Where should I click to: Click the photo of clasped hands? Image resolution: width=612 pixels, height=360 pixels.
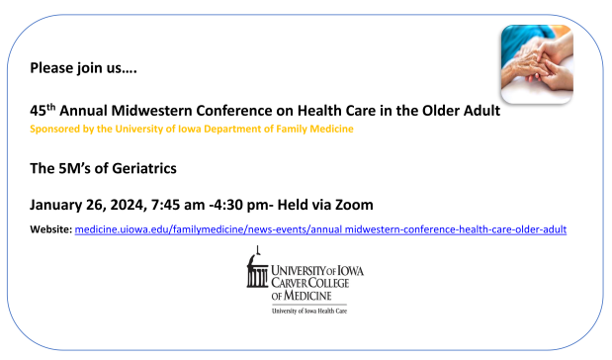(537, 64)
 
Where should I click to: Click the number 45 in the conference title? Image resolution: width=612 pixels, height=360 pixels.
(38, 111)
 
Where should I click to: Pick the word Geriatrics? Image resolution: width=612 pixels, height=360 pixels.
(144, 169)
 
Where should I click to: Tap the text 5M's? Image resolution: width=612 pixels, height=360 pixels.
(74, 169)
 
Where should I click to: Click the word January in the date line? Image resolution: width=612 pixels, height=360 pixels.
(55, 205)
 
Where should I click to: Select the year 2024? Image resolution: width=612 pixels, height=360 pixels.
(129, 205)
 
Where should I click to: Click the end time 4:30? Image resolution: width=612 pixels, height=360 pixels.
(230, 205)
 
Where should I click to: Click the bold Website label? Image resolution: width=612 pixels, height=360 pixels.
(51, 229)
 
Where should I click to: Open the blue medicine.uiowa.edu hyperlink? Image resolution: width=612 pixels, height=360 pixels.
(320, 229)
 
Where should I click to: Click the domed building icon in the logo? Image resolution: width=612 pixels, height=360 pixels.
(257, 268)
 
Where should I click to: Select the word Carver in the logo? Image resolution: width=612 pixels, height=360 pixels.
(290, 283)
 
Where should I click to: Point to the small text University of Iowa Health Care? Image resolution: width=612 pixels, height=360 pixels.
(309, 312)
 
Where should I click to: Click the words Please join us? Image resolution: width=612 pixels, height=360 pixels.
(83, 68)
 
